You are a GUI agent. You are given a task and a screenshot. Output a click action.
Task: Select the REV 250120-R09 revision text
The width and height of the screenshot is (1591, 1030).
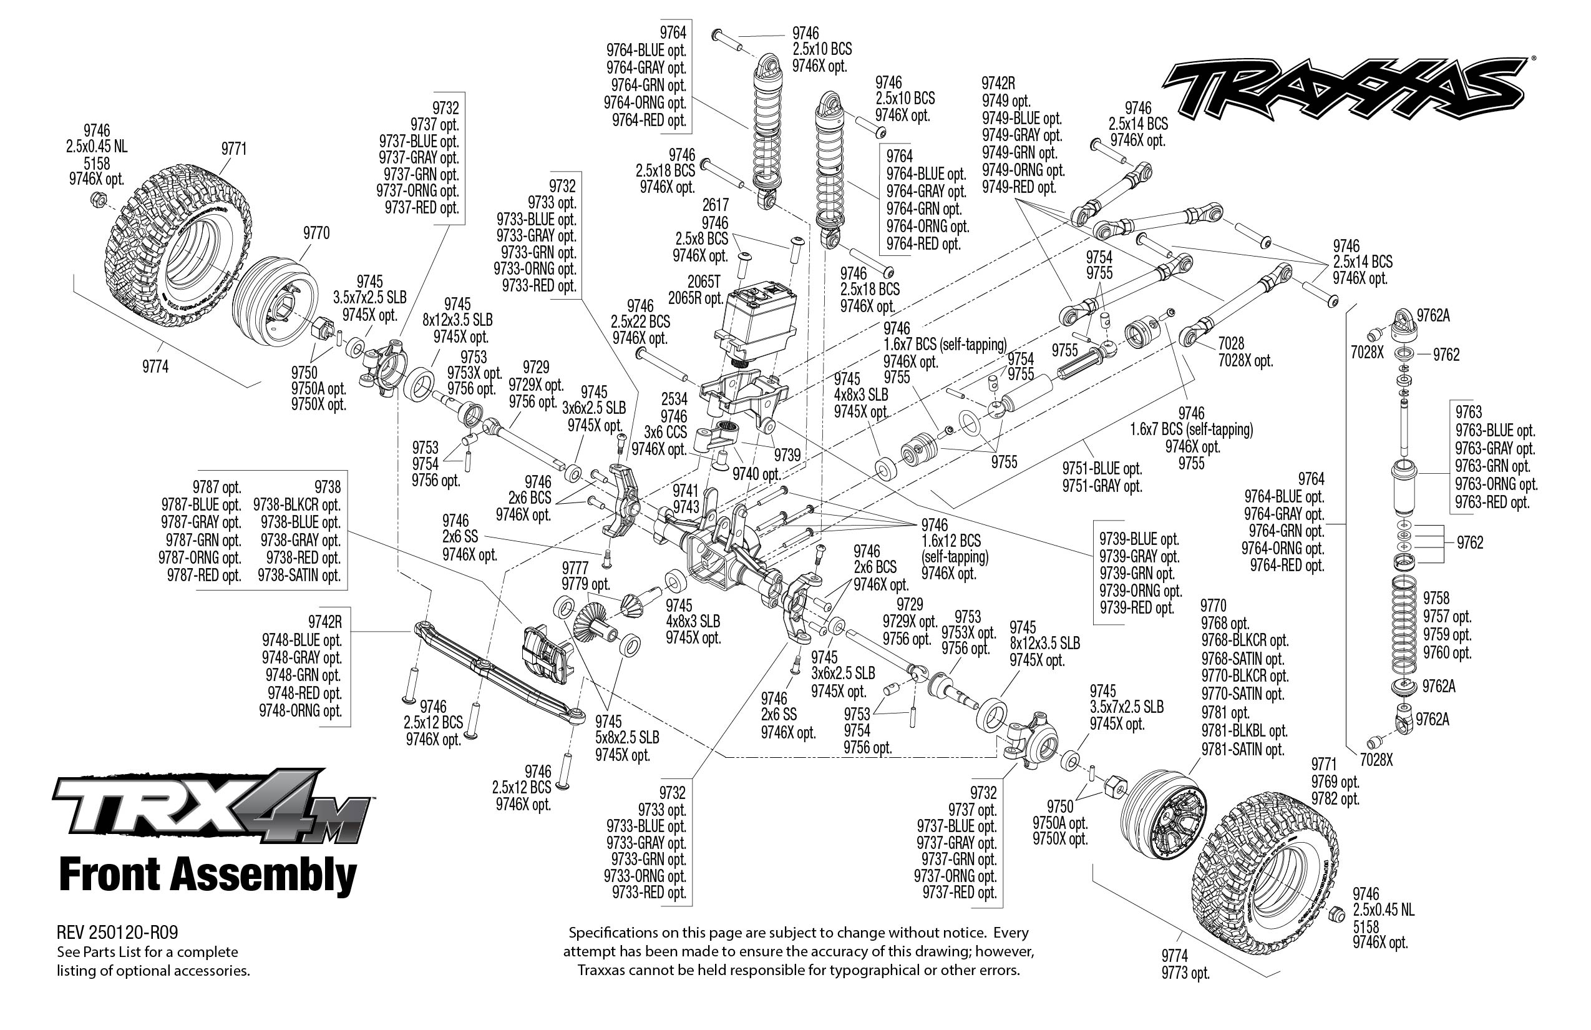118,933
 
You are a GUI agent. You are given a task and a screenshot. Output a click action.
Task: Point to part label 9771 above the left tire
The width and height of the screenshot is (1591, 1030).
234,149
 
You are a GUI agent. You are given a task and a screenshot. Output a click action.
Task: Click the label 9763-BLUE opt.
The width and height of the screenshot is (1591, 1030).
1496,431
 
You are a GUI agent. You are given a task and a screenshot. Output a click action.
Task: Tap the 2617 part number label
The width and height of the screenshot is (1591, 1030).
714,205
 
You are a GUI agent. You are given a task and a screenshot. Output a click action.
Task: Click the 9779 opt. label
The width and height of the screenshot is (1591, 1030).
586,584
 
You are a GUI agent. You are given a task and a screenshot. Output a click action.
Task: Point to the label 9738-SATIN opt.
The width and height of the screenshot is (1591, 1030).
299,575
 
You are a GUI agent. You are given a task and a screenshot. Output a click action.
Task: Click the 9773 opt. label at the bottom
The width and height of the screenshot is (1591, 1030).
1185,973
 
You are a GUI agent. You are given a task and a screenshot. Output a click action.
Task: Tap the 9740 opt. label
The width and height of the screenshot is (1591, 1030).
756,474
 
